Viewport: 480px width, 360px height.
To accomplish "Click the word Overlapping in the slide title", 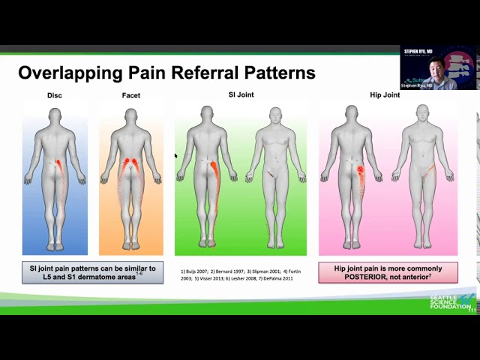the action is point(67,73).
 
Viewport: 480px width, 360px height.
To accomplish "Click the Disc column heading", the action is point(55,95).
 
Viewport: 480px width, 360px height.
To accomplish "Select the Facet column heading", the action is point(130,95).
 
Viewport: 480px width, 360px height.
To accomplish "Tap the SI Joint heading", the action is point(241,94).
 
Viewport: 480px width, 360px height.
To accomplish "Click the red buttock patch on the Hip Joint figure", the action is point(361,174).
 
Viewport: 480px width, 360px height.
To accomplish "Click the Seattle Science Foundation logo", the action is point(452,302).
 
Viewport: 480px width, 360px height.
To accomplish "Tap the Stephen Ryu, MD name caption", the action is point(417,85).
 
